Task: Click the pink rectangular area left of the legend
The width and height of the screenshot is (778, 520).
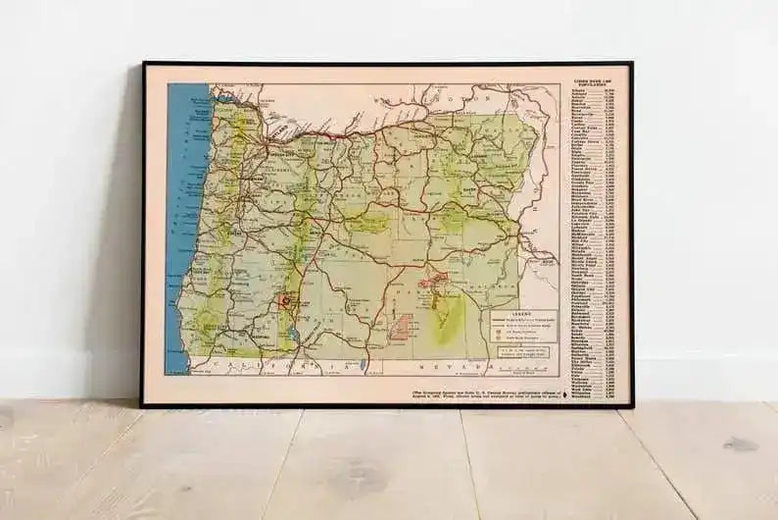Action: tap(399, 326)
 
